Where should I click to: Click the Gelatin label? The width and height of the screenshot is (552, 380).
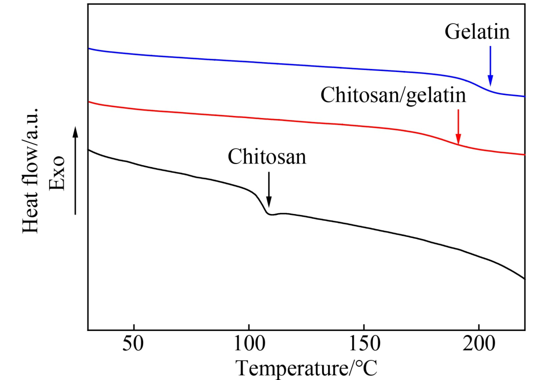pos(477,32)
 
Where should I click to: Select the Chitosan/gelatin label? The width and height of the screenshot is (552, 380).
pos(393,96)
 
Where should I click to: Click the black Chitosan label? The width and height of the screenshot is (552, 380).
pos(267,156)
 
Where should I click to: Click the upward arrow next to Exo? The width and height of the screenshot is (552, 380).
pos(76,171)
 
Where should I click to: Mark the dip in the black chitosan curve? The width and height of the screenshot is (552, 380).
pos(270,215)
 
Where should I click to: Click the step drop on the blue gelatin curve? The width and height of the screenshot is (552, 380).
pos(483,87)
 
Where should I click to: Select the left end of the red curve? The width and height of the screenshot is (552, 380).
pos(89,102)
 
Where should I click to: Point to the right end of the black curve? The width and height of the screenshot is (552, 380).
pos(524,278)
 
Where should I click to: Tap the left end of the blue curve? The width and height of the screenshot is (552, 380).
pos(89,49)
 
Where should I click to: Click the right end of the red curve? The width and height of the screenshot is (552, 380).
pos(524,154)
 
